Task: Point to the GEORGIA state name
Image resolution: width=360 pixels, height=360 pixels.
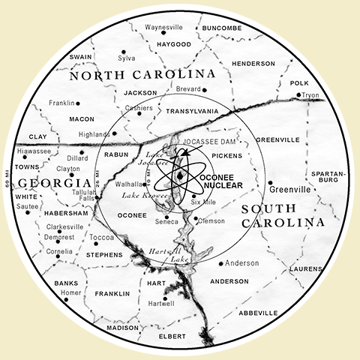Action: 49,183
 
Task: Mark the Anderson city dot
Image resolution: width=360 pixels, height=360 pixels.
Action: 221,263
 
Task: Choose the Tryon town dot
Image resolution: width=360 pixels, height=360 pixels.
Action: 298,95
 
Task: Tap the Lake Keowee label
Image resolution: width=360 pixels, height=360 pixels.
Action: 146,194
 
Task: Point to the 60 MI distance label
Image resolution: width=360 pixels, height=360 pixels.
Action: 7,181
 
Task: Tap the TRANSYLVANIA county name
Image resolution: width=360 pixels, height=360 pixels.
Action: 191,112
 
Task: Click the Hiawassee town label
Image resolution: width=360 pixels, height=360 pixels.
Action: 33,150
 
